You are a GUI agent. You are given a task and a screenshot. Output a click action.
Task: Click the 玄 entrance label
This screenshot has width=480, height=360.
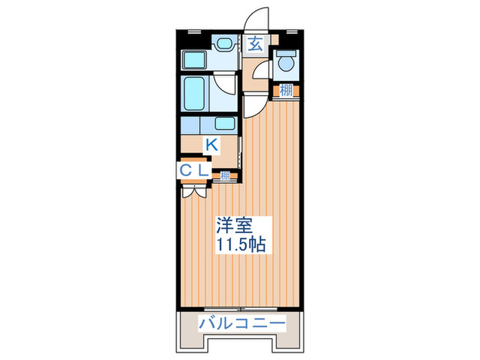point(254,45)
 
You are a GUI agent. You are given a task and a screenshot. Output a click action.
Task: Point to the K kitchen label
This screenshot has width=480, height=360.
point(213,144)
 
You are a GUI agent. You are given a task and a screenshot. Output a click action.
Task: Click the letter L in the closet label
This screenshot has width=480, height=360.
point(204,169)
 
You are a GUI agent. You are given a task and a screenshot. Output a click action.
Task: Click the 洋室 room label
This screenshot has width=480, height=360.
point(235,224)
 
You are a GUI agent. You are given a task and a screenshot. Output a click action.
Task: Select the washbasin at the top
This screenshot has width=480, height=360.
point(224,45)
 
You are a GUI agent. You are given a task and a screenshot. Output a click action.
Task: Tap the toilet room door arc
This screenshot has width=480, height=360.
point(259,71)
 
